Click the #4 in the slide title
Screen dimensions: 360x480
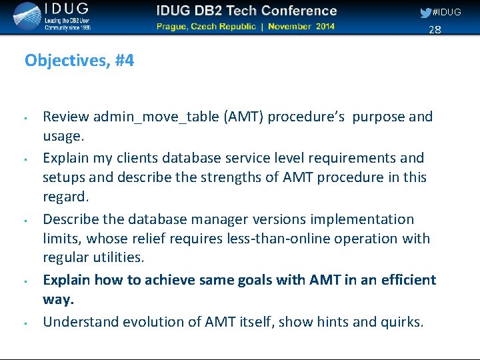tap(124, 61)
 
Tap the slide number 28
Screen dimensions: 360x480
tap(435, 29)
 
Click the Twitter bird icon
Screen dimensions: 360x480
tap(425, 13)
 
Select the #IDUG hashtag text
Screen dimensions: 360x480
tap(447, 13)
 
